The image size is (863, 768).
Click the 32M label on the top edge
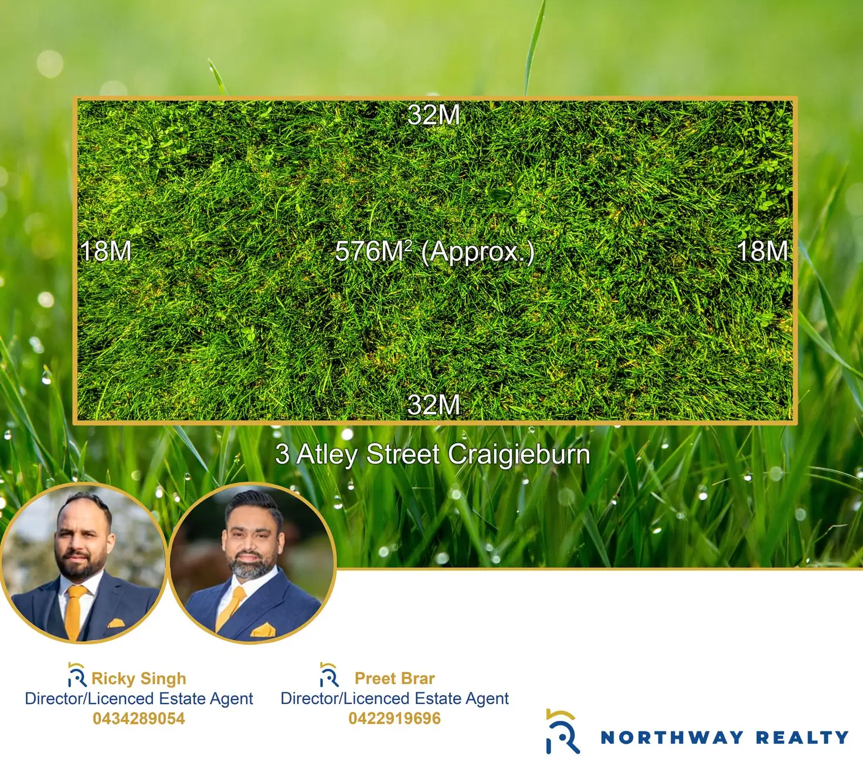[x=434, y=115]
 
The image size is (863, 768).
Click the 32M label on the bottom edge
[x=434, y=405]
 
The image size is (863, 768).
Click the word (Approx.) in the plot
[x=477, y=252]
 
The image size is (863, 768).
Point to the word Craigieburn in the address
[x=519, y=455]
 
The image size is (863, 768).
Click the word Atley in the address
[x=327, y=455]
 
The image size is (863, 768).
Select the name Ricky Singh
[x=139, y=678]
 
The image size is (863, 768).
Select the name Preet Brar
[x=395, y=678]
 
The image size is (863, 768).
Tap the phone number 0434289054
[x=139, y=719]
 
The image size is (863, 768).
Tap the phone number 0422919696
[x=395, y=718]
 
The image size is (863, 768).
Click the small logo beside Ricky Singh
[x=77, y=675]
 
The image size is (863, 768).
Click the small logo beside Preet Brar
[x=329, y=675]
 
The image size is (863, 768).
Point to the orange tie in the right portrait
[x=230, y=609]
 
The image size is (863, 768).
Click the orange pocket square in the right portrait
[x=263, y=630]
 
